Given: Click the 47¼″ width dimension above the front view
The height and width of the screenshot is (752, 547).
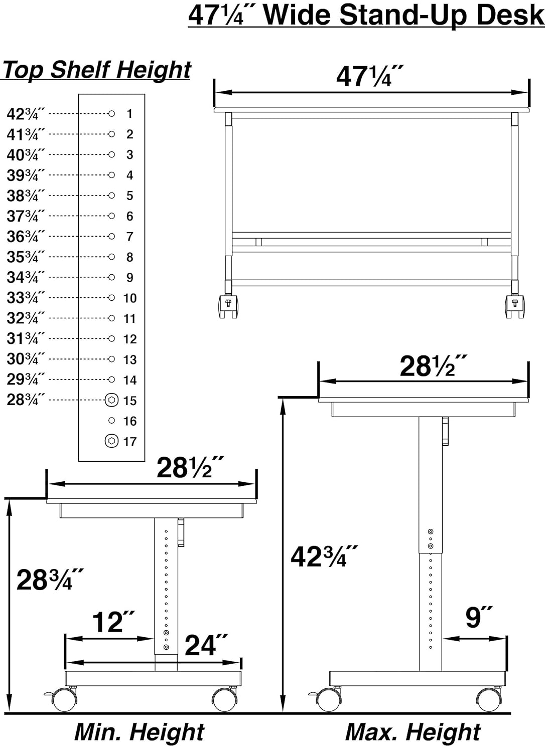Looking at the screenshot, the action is click(369, 76).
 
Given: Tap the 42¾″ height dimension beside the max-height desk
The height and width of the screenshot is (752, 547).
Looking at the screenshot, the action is click(324, 556).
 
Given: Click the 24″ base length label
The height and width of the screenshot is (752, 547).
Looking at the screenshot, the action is click(206, 645).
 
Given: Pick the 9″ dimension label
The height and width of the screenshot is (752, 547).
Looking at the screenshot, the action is click(479, 617).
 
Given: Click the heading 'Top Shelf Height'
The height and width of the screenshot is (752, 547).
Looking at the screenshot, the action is click(97, 70).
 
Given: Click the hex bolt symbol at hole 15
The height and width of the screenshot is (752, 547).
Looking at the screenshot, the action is click(111, 400).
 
